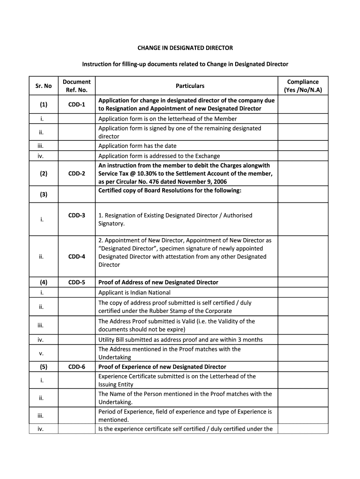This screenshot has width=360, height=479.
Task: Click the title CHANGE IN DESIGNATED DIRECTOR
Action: click(185, 48)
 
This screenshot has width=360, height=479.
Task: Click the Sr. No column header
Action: click(43, 86)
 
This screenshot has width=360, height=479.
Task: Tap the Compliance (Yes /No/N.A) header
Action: click(303, 86)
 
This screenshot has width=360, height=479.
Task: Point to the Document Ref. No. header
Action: click(77, 86)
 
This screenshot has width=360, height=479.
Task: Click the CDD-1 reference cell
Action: click(77, 104)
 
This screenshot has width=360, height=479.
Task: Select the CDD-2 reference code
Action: click(77, 174)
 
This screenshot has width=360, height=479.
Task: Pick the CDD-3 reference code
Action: click(77, 215)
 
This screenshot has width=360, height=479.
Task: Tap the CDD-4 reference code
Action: click(77, 256)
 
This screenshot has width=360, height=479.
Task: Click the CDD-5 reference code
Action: click(77, 283)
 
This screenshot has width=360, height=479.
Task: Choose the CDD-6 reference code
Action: click(77, 367)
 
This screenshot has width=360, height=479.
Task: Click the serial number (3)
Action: click(43, 194)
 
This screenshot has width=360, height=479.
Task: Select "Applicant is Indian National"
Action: click(134, 293)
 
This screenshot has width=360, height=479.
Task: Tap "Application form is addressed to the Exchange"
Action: click(159, 156)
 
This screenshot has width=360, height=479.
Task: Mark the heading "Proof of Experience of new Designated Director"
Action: click(162, 367)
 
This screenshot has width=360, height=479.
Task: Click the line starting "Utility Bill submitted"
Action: click(180, 340)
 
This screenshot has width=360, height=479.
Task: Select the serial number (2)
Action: click(43, 174)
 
